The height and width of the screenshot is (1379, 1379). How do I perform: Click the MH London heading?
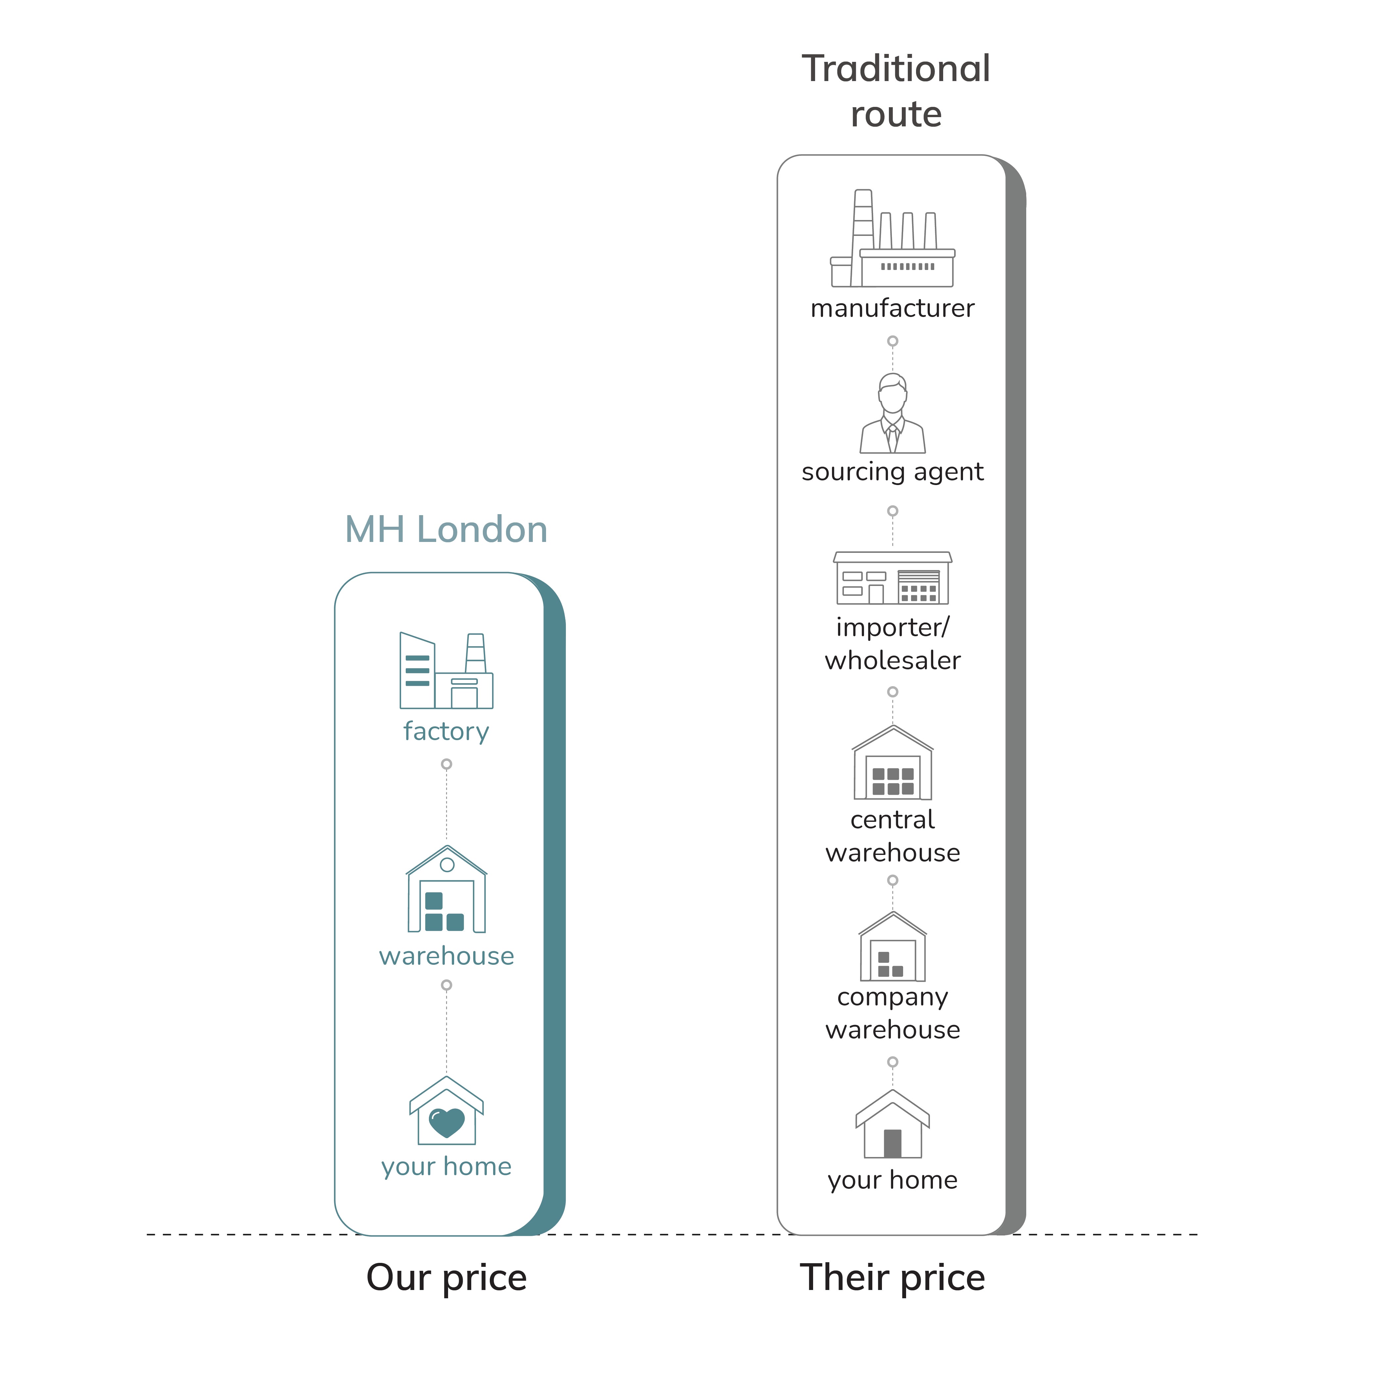click(446, 530)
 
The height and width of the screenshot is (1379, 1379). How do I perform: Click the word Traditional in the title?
click(896, 69)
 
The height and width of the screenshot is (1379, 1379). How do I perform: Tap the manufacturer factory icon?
click(892, 239)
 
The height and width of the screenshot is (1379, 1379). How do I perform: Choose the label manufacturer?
click(892, 308)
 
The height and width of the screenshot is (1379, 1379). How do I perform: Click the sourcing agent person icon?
click(892, 414)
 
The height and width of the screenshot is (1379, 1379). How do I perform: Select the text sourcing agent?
click(892, 472)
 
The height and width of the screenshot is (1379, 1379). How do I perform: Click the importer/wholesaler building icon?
click(892, 578)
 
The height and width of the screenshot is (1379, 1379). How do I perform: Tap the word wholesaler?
click(892, 660)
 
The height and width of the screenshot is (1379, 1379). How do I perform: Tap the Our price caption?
click(446, 1278)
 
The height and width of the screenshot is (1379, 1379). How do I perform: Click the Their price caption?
click(892, 1278)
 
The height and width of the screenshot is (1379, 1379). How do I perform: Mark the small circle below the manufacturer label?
click(892, 341)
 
